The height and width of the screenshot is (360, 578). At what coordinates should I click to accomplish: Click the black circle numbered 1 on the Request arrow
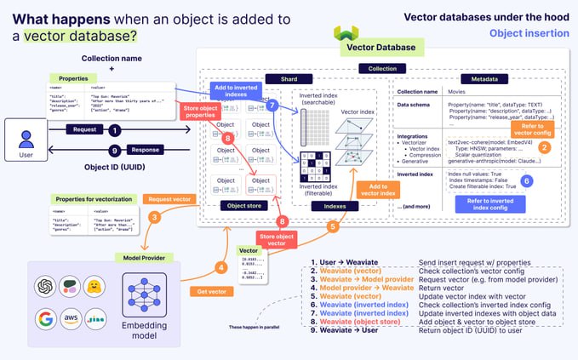(115, 130)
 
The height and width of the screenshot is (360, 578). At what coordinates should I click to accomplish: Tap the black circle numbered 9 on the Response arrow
(115, 150)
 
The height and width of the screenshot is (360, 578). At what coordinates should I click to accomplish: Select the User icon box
(26, 140)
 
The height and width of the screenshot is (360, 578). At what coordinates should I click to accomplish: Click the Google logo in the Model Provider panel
(44, 320)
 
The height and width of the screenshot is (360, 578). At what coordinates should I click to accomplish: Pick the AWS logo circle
(71, 320)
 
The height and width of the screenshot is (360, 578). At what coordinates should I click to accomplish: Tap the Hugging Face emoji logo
(97, 286)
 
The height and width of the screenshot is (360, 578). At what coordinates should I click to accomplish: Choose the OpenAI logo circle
(44, 286)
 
